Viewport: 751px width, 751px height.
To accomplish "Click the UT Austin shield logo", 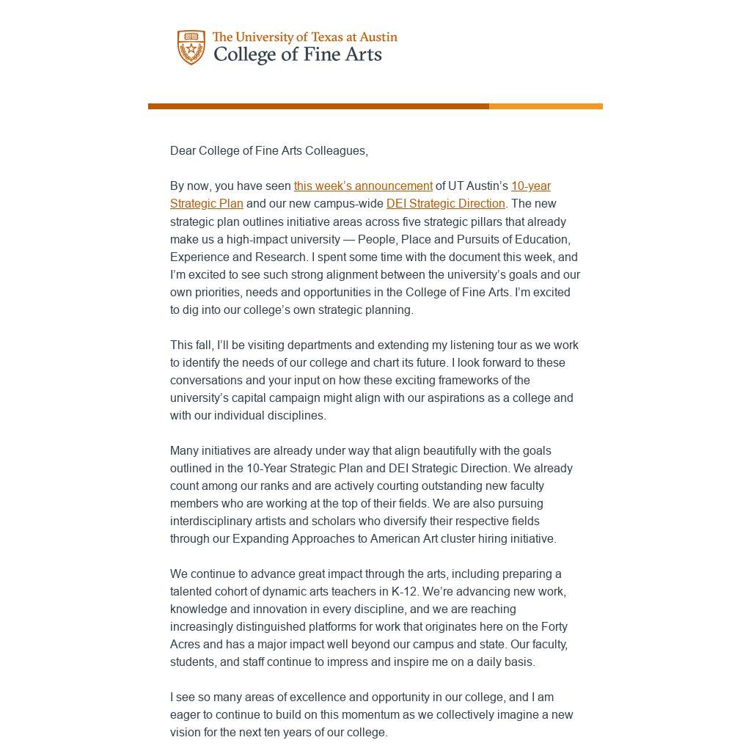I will (x=191, y=48).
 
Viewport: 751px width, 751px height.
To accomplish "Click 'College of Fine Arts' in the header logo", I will (x=297, y=55).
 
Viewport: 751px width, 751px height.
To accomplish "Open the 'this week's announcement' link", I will (x=363, y=186).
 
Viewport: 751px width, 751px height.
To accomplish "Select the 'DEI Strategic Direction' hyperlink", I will (x=445, y=204).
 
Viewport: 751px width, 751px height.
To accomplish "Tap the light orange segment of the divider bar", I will (x=546, y=106).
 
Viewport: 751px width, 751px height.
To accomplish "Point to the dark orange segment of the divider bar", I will (x=318, y=106).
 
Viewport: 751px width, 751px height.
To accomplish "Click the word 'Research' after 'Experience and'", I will (x=282, y=257).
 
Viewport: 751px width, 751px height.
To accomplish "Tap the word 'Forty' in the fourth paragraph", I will (x=554, y=626).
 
